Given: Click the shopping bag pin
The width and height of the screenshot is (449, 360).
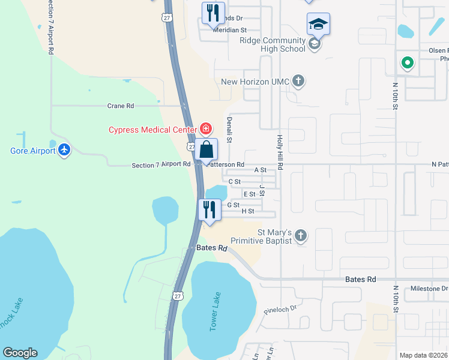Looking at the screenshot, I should click(x=206, y=149).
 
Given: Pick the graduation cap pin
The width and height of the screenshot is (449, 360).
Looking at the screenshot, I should click(x=318, y=24).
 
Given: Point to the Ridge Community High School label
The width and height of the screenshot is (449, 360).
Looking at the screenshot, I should click(x=273, y=44).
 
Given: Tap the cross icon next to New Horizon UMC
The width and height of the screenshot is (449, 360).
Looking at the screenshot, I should click(x=298, y=81).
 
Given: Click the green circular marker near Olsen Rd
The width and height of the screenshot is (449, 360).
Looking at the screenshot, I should click(x=407, y=62).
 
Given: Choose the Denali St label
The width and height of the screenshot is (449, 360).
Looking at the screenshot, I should click(x=229, y=129).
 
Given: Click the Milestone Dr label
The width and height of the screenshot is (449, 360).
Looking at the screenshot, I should click(x=429, y=289).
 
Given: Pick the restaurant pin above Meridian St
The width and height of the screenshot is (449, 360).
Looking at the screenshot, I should click(x=213, y=12).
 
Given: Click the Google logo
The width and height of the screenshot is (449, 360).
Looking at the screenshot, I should click(x=20, y=353).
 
